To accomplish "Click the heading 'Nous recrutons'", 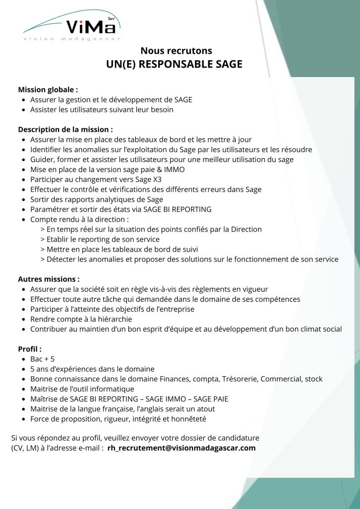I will (176, 51).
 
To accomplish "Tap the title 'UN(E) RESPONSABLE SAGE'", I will (174, 65).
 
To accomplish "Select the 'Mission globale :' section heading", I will (48, 90).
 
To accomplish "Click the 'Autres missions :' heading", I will (49, 279).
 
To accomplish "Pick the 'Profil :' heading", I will (30, 349).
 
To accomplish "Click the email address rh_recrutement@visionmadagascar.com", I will (181, 448).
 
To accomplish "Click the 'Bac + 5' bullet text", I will (42, 359).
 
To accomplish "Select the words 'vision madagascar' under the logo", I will (72, 38).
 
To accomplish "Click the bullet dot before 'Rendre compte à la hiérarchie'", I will (24, 319).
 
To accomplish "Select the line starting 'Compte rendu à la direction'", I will (80, 219).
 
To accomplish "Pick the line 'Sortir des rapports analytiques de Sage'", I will (96, 199).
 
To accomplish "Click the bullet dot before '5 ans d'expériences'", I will (24, 369).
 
